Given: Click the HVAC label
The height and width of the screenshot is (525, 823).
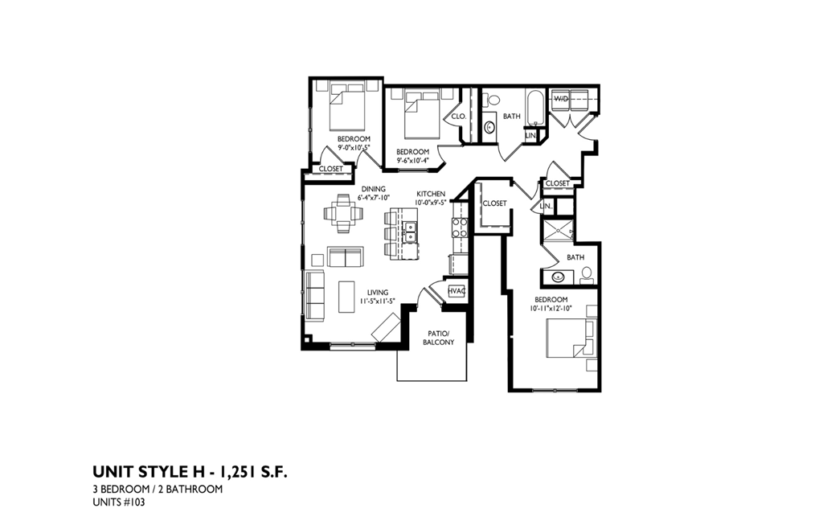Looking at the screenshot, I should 457,290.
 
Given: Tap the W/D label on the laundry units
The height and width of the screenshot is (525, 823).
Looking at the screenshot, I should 561,98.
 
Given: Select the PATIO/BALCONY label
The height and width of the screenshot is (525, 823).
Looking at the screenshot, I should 438,338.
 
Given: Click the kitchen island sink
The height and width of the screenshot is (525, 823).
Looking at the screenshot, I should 409,232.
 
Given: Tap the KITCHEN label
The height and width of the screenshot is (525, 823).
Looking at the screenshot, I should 431,194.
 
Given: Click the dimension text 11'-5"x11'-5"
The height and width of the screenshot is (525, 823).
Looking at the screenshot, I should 378,301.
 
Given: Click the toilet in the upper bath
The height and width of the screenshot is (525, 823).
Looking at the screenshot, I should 492,100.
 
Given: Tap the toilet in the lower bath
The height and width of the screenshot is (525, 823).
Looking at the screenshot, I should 587,273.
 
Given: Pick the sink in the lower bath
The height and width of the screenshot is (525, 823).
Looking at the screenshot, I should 559,278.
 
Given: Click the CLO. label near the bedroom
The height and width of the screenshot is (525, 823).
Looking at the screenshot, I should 459,117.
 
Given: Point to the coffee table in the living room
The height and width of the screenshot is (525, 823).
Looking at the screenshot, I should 347,294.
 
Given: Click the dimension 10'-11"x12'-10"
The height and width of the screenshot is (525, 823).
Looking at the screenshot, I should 551,308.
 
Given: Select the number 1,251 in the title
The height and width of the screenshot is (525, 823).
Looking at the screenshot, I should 236,471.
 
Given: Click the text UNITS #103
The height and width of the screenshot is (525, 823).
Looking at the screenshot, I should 119,503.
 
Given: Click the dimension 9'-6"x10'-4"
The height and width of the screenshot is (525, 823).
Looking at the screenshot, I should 413,160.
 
